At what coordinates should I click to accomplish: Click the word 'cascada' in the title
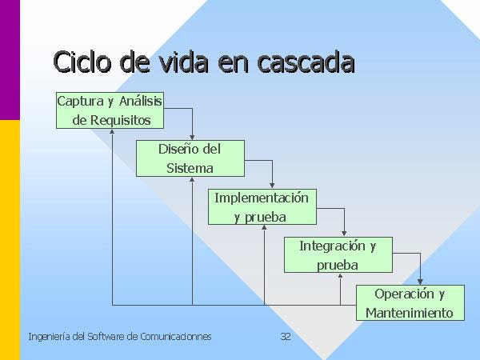click(x=306, y=62)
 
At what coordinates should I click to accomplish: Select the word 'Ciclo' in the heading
click(x=82, y=62)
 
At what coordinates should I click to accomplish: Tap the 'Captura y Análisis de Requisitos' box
click(x=110, y=110)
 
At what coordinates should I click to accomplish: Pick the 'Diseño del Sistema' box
click(x=190, y=158)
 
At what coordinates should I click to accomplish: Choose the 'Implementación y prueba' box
click(x=262, y=207)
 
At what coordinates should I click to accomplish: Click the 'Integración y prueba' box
click(x=338, y=254)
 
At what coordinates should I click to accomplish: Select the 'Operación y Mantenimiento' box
click(x=410, y=302)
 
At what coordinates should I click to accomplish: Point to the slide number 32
click(x=286, y=337)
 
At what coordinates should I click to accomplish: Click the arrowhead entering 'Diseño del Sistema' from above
click(x=192, y=137)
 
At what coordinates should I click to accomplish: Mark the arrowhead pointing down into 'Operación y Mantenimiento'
click(x=420, y=282)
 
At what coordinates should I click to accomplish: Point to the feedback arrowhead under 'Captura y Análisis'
click(x=112, y=131)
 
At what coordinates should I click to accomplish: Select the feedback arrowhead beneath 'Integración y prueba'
click(x=340, y=275)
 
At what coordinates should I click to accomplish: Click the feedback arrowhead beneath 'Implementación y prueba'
click(x=264, y=227)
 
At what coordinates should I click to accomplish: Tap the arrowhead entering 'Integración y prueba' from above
click(x=344, y=234)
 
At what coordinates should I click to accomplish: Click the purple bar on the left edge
click(x=10, y=60)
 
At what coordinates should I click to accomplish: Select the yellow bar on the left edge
click(x=10, y=240)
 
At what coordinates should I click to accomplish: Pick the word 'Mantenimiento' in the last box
click(x=410, y=313)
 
